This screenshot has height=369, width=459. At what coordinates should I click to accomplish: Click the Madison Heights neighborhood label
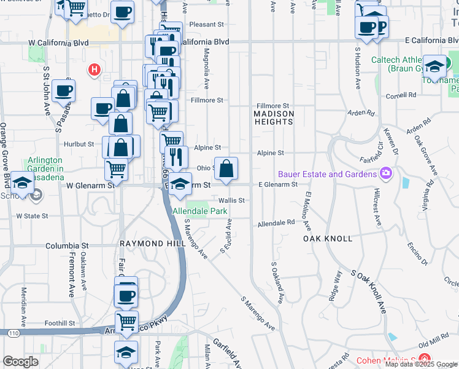click(x=274, y=117)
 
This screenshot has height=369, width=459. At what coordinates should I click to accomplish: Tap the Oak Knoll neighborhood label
click(x=328, y=238)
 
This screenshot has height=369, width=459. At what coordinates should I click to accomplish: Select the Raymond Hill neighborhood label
click(x=144, y=244)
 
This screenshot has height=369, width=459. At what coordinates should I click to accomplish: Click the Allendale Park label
click(x=200, y=211)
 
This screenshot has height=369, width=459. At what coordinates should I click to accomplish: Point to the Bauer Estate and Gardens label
click(x=326, y=174)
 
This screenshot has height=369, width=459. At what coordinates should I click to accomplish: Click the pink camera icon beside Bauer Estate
click(x=385, y=173)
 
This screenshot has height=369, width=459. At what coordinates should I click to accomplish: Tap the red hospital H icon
click(x=94, y=69)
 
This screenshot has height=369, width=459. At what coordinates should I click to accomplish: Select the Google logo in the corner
click(x=21, y=362)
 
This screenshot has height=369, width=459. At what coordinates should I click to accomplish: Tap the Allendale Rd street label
click(x=276, y=223)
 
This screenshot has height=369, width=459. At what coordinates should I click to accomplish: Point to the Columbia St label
click(x=67, y=245)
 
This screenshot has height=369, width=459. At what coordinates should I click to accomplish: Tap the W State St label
click(x=32, y=216)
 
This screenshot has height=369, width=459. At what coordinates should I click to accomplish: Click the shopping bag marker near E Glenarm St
click(x=226, y=168)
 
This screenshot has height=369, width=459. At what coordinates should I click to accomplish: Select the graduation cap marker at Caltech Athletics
click(x=434, y=66)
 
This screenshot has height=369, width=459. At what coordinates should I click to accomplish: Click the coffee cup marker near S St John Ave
click(x=63, y=92)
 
